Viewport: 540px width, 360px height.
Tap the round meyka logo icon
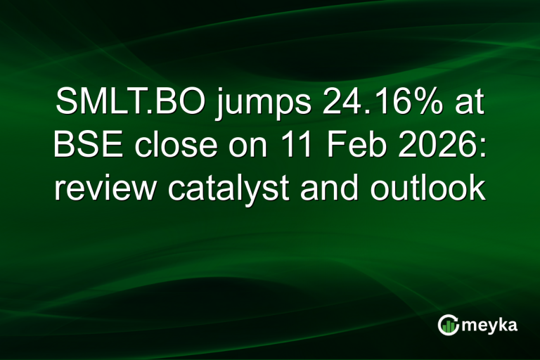448,324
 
